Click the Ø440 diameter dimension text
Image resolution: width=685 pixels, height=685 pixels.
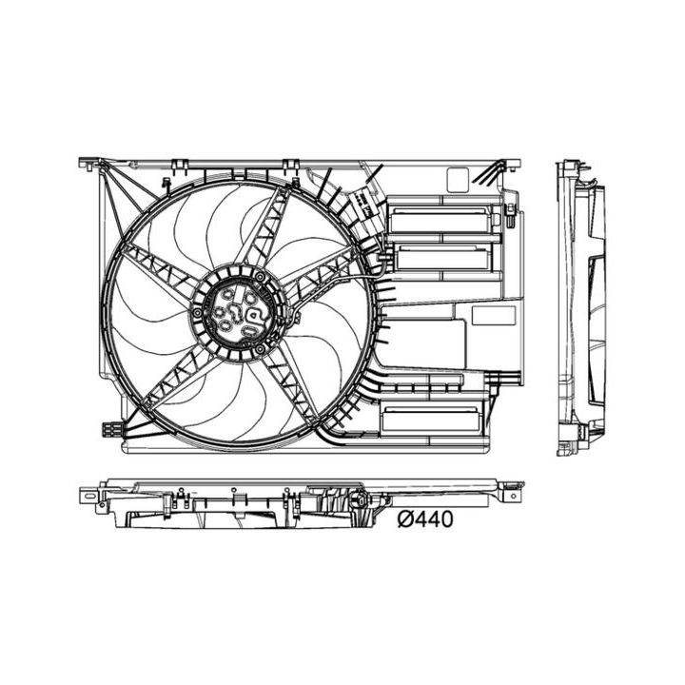click(x=425, y=519)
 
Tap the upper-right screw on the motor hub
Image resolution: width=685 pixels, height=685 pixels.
click(x=259, y=275)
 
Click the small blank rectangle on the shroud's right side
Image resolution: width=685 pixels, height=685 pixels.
click(x=493, y=315)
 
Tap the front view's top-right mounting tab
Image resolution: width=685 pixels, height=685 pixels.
click(x=514, y=163)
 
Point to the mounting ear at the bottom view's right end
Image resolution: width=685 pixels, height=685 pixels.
click(x=512, y=493)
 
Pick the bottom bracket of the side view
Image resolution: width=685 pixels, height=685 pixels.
click(x=580, y=435)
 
